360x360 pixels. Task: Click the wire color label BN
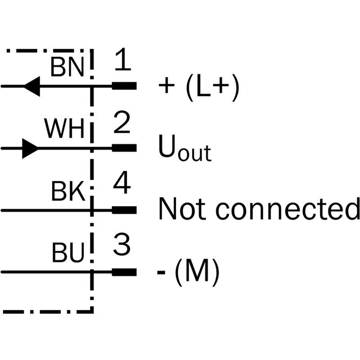pyautogui.click(x=67, y=67)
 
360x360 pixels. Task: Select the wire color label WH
pyautogui.click(x=64, y=129)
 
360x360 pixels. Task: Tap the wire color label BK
pyautogui.click(x=68, y=191)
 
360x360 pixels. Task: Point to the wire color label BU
pyautogui.click(x=68, y=252)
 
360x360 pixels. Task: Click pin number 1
pyautogui.click(x=123, y=59)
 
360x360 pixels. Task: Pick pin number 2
pyautogui.click(x=121, y=122)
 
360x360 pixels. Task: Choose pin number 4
pyautogui.click(x=122, y=182)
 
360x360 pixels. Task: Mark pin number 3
pyautogui.click(x=121, y=244)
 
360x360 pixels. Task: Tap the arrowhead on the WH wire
pyautogui.click(x=30, y=148)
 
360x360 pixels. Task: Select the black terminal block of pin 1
pyautogui.click(x=124, y=86)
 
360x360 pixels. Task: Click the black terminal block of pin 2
pyautogui.click(x=124, y=148)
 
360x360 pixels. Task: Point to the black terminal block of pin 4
pyautogui.click(x=124, y=210)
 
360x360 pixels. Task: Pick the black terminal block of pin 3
pyautogui.click(x=124, y=272)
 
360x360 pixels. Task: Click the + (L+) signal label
pyautogui.click(x=199, y=87)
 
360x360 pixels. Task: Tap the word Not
pyautogui.click(x=182, y=209)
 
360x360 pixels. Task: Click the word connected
pyautogui.click(x=288, y=209)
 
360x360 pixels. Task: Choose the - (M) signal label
pyautogui.click(x=188, y=272)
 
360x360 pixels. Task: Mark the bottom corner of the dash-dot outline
pyautogui.click(x=92, y=312)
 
